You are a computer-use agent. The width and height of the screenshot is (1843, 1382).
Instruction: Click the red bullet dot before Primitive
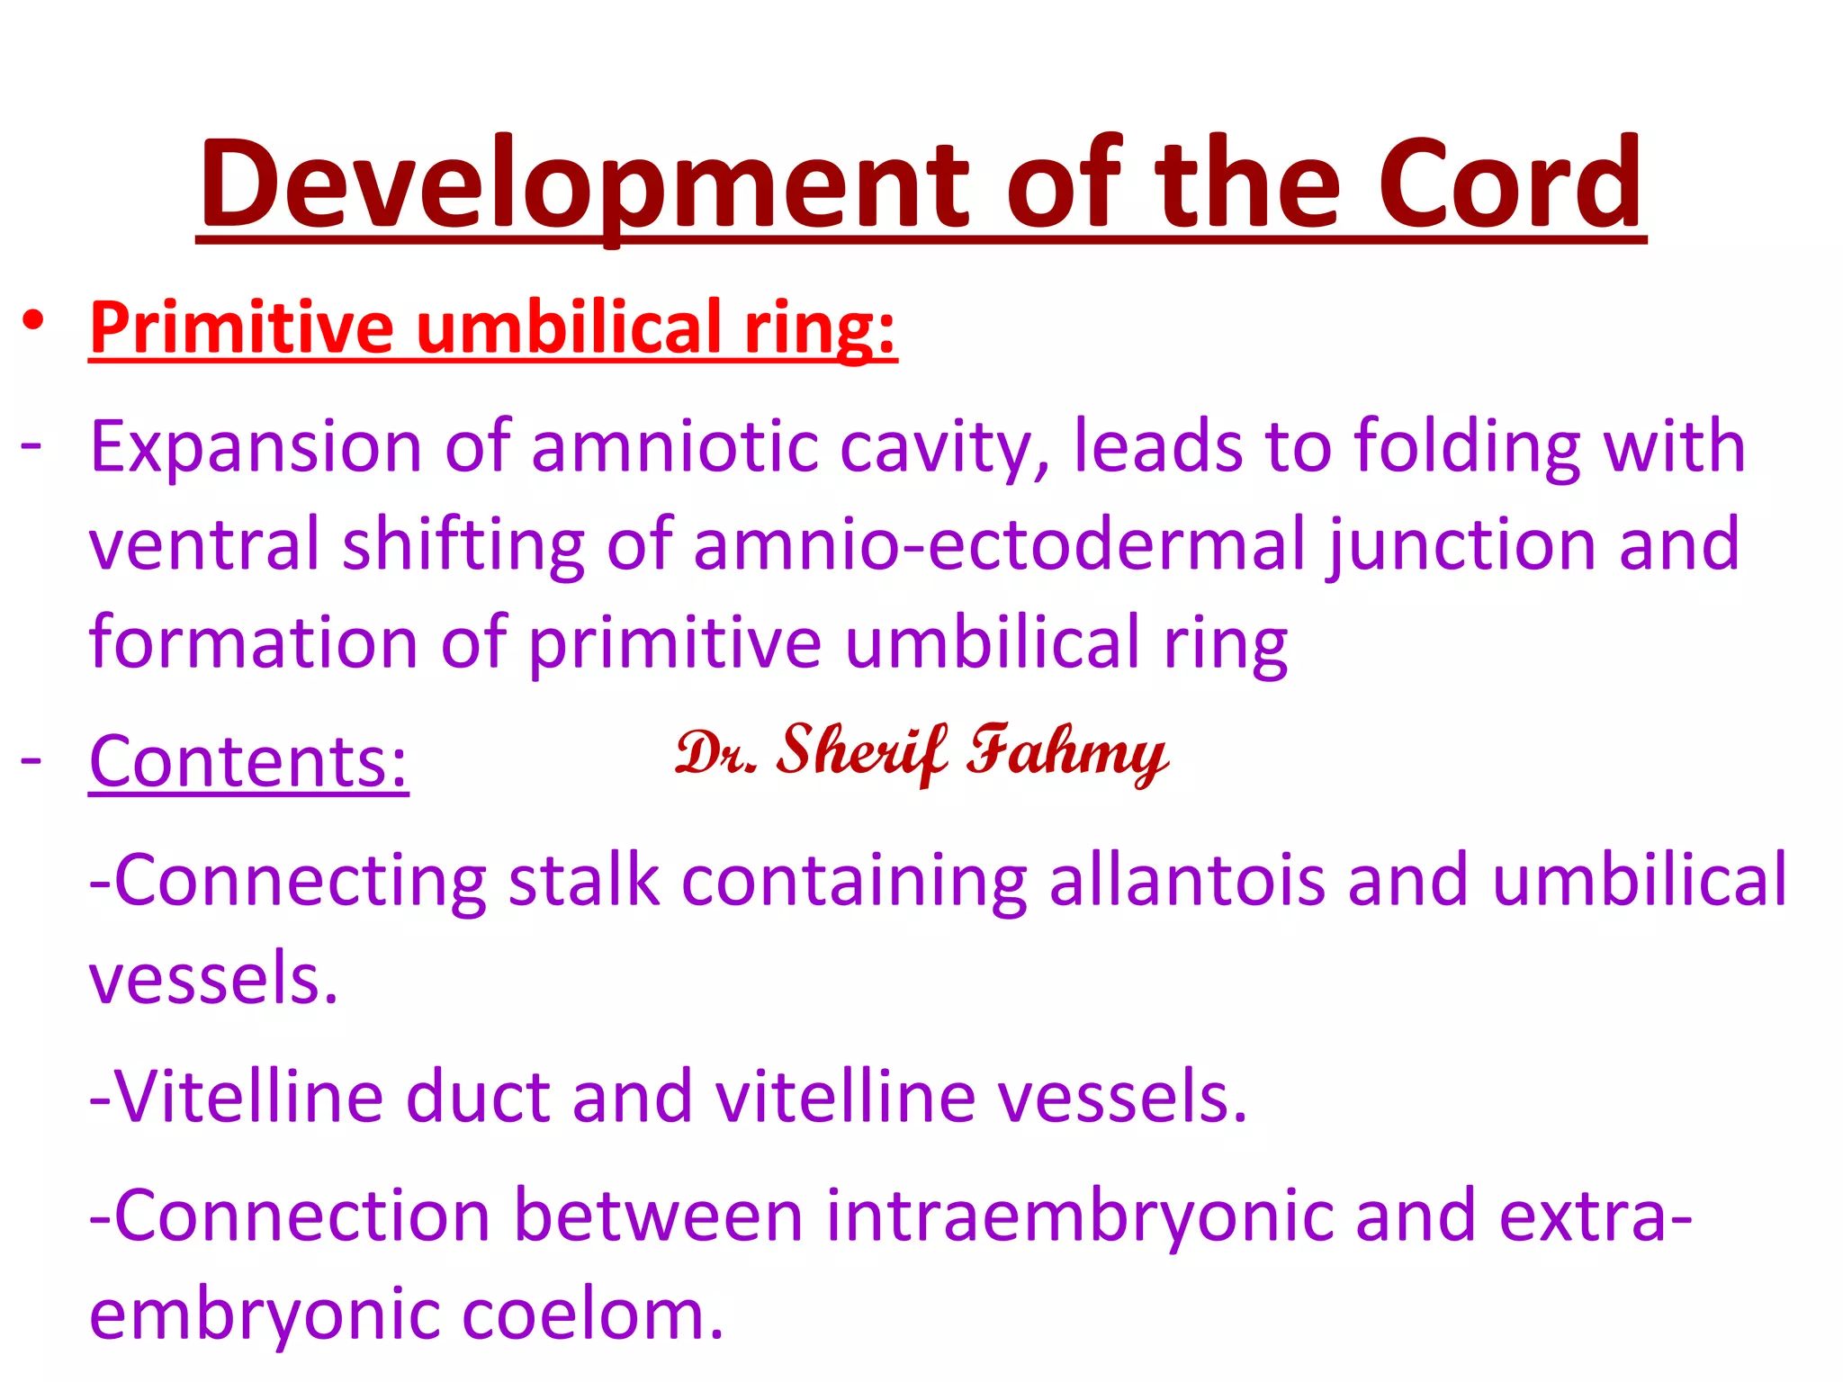[33, 320]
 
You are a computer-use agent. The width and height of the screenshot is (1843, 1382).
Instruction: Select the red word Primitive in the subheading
[241, 328]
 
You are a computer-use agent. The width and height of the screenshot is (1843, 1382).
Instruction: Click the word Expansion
[256, 447]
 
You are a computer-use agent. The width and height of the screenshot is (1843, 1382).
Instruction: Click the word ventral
[204, 545]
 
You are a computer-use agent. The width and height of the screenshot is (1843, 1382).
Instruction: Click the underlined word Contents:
[248, 762]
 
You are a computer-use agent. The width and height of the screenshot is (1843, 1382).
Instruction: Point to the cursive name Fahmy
[1067, 754]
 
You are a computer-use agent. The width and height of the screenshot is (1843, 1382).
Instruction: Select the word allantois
[1187, 880]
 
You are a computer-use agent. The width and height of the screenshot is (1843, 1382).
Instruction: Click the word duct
[478, 1098]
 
